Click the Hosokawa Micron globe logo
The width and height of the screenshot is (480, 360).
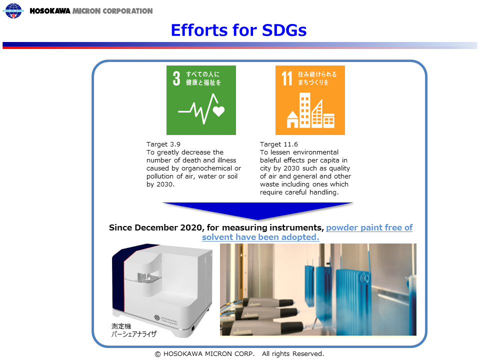coord(13,10)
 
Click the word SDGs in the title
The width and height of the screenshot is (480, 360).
coord(284,30)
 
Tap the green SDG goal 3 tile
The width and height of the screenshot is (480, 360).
coord(201,100)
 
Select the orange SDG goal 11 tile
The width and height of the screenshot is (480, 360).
coord(310,100)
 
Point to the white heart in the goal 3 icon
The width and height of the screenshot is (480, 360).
coord(218,111)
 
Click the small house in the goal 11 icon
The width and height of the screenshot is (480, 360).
coord(292,119)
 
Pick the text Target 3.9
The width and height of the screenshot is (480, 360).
coord(163,144)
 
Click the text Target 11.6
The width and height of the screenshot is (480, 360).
coord(279,144)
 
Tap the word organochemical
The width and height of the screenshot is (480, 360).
coord(207,168)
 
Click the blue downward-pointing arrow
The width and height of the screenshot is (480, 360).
coord(258,211)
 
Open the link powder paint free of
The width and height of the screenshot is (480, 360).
coord(369,227)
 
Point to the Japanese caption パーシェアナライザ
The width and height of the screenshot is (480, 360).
coord(134,334)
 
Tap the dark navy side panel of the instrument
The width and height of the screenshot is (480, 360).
coord(118,278)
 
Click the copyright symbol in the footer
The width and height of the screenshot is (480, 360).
coord(157,354)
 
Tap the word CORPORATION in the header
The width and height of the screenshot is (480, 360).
coord(127,11)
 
